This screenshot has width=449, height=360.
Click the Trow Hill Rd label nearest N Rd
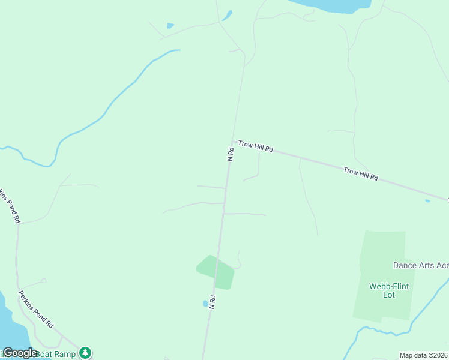tap(256, 146)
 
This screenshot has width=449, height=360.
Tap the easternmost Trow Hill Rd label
tap(361, 174)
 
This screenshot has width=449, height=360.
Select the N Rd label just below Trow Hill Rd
tap(231, 154)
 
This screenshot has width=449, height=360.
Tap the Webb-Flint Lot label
tap(389, 290)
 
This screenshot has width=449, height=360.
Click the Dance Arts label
tap(420, 265)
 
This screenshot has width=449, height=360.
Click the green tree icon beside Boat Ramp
tap(86, 352)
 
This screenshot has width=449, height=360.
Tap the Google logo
tap(19, 353)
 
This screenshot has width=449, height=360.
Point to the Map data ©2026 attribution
tap(423, 355)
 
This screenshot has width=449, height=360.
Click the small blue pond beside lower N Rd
tap(205, 304)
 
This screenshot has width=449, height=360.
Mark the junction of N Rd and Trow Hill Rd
tap(232, 142)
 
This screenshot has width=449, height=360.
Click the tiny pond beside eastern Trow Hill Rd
tap(427, 201)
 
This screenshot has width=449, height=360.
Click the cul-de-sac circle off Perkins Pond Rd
tap(43, 280)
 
